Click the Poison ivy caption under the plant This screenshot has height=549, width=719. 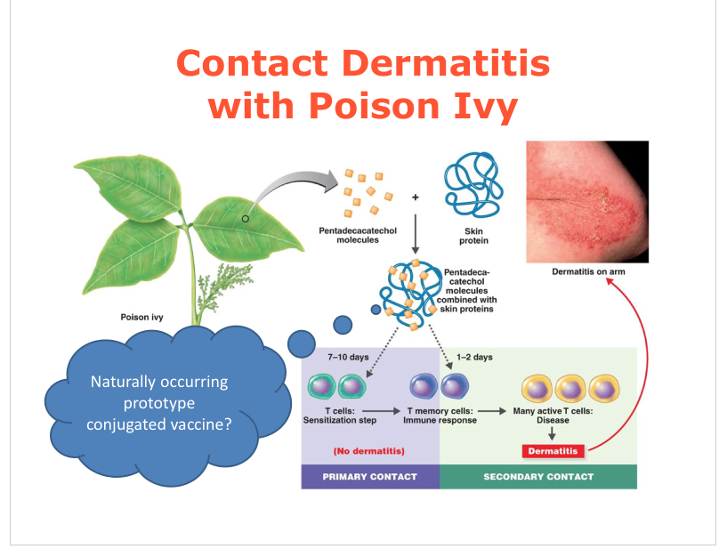(141, 316)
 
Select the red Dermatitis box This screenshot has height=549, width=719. (552, 450)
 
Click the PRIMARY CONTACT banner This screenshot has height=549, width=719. (369, 477)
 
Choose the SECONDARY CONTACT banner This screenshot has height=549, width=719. (538, 477)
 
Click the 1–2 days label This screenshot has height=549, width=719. (474, 357)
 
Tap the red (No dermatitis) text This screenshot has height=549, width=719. (369, 451)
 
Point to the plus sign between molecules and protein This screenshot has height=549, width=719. (415, 196)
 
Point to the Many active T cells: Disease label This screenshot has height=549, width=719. (553, 416)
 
